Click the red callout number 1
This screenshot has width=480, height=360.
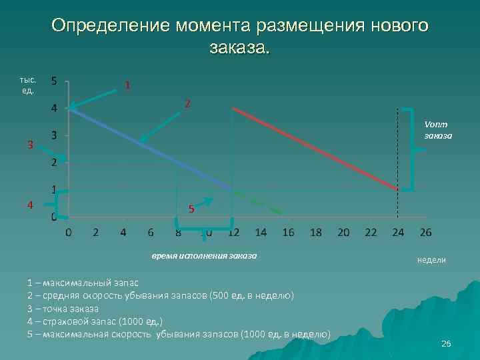(127, 85)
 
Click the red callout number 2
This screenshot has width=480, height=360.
(188, 104)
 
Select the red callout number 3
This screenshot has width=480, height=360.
(30, 145)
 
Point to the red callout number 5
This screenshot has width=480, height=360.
(191, 209)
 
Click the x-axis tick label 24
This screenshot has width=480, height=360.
(398, 232)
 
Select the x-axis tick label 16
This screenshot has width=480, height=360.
(288, 232)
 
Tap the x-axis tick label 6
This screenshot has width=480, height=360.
(151, 232)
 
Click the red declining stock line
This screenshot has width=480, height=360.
(313, 148)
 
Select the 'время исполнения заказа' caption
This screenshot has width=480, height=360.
(203, 255)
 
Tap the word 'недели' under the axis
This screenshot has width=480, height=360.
(431, 260)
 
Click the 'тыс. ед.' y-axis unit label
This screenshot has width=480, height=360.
(29, 84)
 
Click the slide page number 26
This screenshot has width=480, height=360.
(446, 343)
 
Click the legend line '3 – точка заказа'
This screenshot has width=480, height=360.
(63, 308)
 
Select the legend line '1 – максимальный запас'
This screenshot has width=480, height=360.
(81, 283)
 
